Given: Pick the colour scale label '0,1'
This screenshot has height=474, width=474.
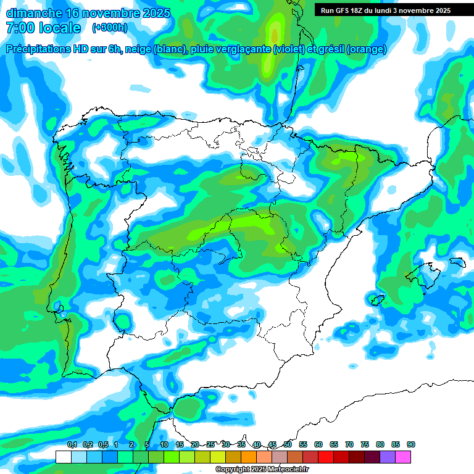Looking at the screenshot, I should pos(72,444).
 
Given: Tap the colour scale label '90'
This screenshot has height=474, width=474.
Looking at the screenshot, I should pos(411,444).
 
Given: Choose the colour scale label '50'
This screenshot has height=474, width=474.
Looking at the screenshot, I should pos(288,444).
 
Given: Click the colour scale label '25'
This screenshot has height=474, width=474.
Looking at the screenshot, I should pos(210,444).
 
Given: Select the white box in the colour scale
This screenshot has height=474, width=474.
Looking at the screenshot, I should pos(63,457).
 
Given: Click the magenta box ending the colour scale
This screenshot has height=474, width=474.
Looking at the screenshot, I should pos(403,457).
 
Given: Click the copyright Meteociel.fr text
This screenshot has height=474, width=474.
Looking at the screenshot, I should pos(262,470).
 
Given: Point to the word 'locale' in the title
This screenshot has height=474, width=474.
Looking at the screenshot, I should pos(59,28).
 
